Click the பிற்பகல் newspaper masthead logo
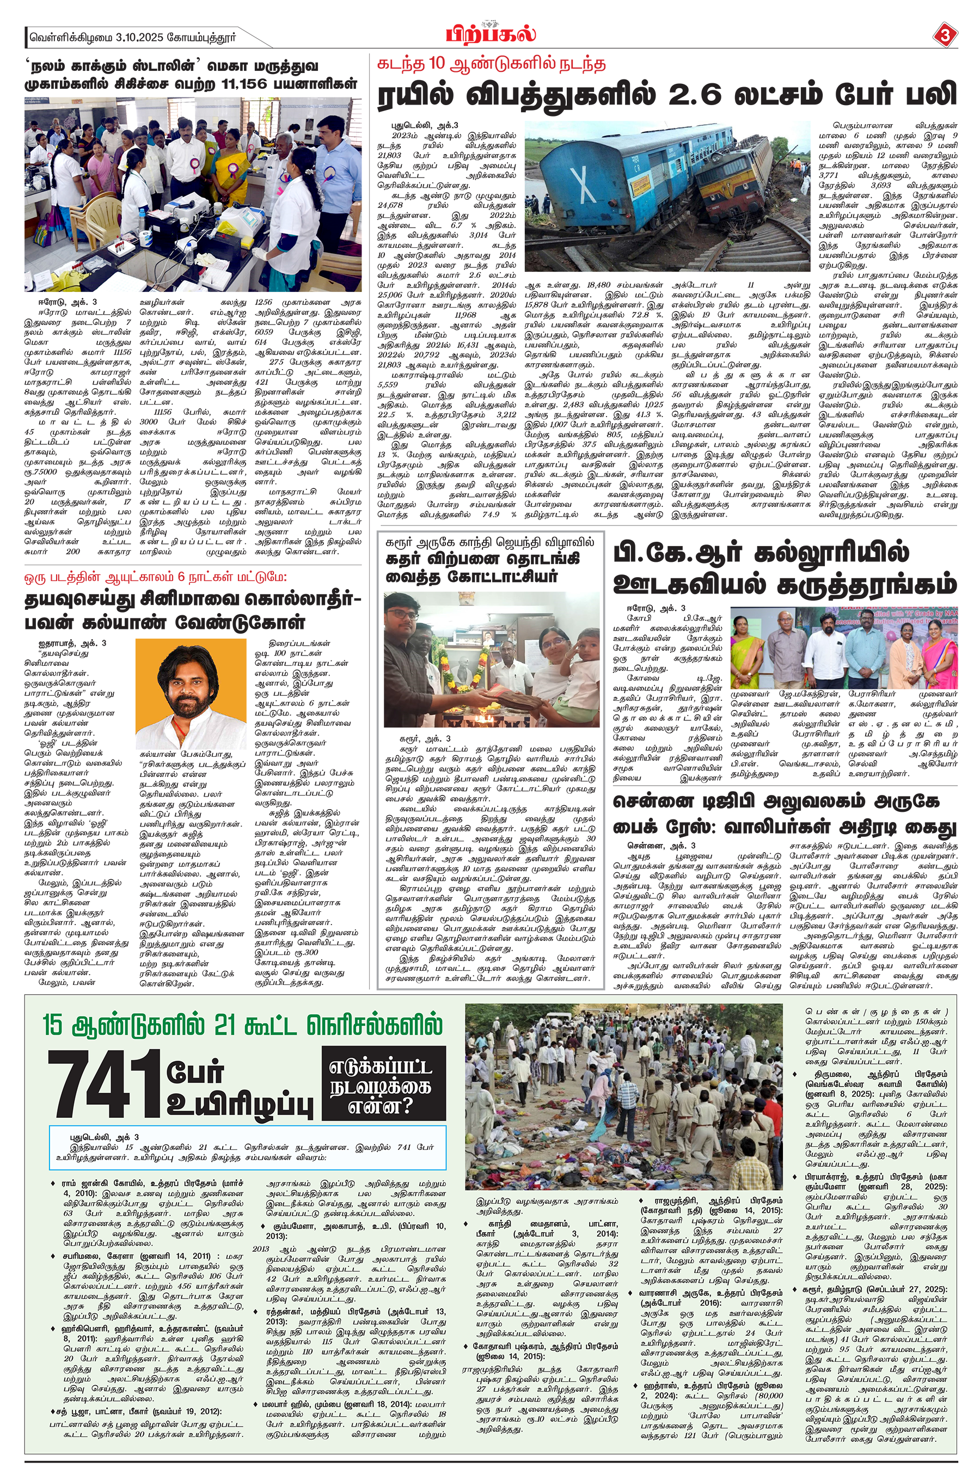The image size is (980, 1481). point(490,33)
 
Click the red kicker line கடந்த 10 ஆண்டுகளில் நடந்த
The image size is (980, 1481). point(491,65)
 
